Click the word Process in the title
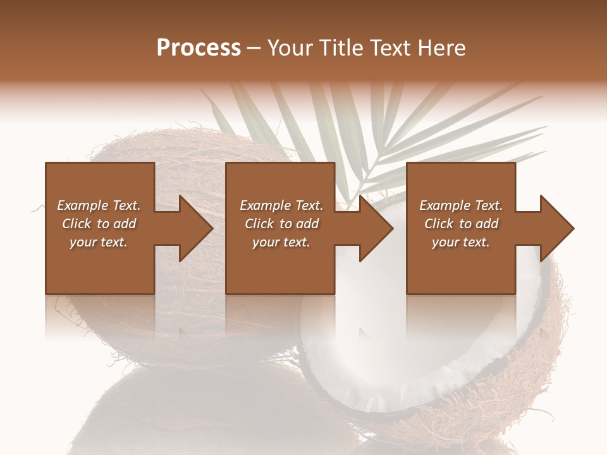(199, 47)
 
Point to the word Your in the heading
(289, 47)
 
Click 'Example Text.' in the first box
(99, 205)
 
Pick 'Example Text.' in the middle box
(281, 205)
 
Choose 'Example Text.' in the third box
(461, 205)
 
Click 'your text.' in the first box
(99, 242)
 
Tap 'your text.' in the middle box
(281, 242)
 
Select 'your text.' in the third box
(461, 242)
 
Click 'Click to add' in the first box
(99, 224)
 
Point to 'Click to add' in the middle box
(281, 224)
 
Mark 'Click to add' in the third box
(461, 224)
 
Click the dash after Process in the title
(254, 49)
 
